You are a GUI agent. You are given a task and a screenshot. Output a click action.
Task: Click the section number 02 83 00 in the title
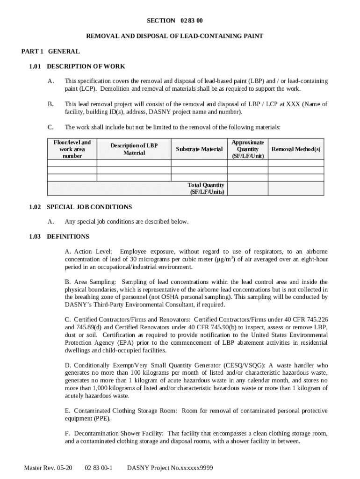click(191, 21)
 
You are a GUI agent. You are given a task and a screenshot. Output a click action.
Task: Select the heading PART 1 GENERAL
click(50, 51)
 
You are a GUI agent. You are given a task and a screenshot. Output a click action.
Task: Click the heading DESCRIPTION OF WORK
click(86, 66)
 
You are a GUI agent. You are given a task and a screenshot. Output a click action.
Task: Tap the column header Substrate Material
click(199, 149)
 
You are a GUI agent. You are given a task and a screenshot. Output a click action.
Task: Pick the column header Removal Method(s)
click(296, 149)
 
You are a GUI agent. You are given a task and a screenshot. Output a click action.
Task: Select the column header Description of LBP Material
click(134, 149)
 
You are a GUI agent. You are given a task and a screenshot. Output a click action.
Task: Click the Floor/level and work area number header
click(72, 149)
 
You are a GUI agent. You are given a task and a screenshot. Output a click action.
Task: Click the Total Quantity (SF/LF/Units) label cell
click(206, 189)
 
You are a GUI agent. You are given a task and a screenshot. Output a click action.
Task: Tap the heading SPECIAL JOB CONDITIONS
click(89, 207)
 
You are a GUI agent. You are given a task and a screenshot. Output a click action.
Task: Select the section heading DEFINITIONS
click(68, 236)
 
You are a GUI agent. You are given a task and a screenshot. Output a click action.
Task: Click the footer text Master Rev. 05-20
click(48, 468)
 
